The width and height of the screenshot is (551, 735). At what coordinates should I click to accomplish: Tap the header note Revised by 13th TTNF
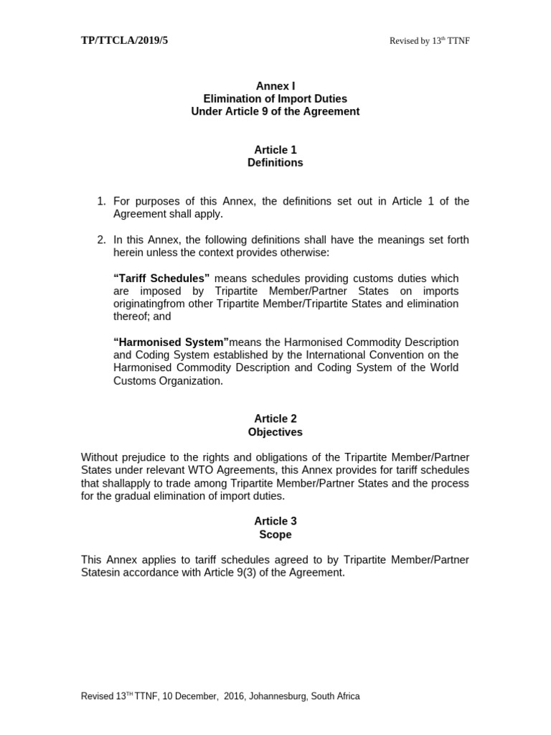click(429, 41)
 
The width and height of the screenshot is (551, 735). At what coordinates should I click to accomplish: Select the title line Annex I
click(275, 86)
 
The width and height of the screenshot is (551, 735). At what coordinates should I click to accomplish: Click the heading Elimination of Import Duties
click(275, 99)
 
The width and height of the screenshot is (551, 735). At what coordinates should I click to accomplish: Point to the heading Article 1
click(275, 150)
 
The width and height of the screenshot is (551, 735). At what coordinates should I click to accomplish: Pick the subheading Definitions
click(275, 163)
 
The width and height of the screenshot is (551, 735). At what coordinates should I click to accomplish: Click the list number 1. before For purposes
click(101, 202)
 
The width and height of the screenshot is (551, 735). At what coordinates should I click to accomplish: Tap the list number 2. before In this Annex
click(101, 240)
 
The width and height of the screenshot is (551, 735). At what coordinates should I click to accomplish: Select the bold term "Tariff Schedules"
click(161, 278)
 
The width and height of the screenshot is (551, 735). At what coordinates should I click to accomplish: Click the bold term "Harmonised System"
click(171, 342)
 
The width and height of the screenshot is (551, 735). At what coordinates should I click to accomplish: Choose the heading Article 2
click(275, 418)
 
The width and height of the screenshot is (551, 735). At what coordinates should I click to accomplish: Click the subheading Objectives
click(275, 432)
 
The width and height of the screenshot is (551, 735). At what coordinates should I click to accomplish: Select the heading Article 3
click(275, 521)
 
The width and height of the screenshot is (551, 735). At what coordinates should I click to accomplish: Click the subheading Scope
click(275, 535)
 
